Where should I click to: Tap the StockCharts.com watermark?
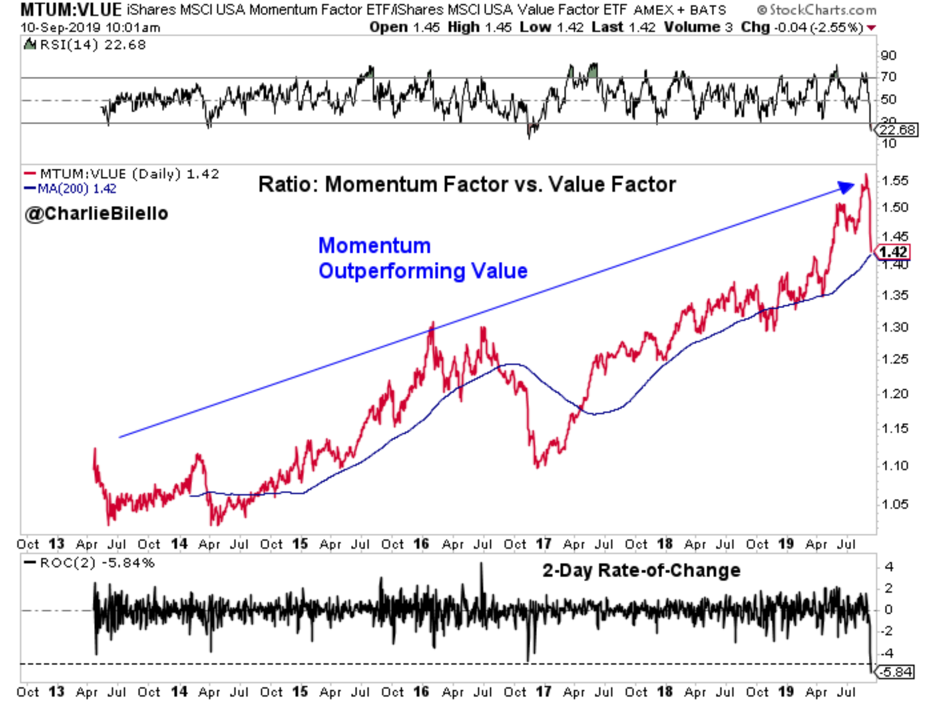click(816, 9)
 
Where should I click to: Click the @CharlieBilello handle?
click(96, 213)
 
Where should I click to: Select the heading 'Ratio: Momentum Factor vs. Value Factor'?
click(467, 184)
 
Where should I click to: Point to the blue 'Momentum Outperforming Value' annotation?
click(422, 258)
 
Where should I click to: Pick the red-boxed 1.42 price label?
click(893, 252)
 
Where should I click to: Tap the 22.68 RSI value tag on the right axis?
click(897, 130)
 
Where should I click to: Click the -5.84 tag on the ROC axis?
click(895, 672)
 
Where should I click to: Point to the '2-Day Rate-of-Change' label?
click(641, 570)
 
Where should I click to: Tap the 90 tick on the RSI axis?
click(888, 56)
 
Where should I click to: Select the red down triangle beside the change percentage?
click(871, 28)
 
